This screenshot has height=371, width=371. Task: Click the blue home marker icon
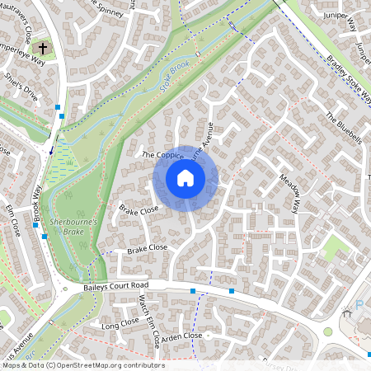pyautogui.click(x=185, y=178)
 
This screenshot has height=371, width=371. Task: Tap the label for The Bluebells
pyautogui.click(x=344, y=128)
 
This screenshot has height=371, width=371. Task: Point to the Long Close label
pyautogui.click(x=120, y=324)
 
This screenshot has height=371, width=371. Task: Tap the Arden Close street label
pyautogui.click(x=182, y=336)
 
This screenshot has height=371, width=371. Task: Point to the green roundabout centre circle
pyautogui.click(x=328, y=332)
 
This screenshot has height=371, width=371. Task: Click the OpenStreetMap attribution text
pyautogui.click(x=82, y=365)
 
